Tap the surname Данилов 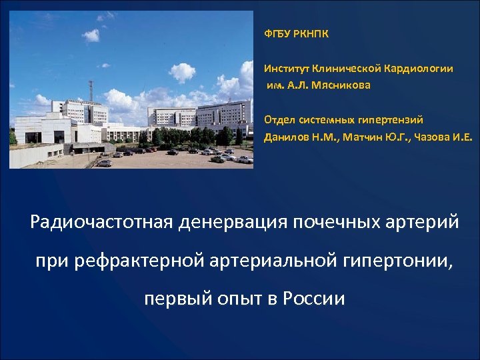tap(285, 137)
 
